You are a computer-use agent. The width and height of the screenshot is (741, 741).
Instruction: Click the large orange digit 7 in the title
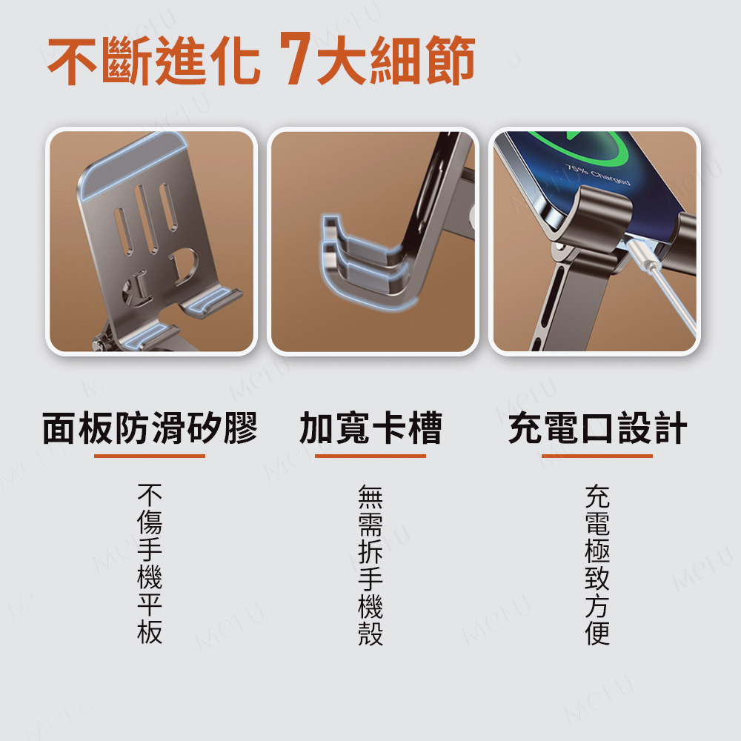pos(295,58)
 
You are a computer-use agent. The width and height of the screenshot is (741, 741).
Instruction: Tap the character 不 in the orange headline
pos(73,60)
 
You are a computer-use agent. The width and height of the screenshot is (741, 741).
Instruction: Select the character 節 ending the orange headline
pos(451,60)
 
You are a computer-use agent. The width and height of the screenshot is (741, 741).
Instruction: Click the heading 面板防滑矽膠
pos(150,428)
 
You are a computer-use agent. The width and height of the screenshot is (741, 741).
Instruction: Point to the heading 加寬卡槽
pos(370,428)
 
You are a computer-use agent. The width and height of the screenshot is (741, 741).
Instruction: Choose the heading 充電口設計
pos(597,428)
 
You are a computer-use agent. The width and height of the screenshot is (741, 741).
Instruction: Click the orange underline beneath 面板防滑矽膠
pos(150,456)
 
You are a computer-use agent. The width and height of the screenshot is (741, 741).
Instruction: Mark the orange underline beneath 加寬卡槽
pos(370,456)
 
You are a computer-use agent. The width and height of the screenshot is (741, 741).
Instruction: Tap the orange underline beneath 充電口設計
pos(597,456)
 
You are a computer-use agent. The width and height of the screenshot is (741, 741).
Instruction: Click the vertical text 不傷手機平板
pos(150,564)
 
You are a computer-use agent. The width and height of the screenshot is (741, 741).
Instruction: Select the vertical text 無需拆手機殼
pos(370,565)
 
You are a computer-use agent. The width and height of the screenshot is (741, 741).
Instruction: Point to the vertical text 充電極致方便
pos(597,565)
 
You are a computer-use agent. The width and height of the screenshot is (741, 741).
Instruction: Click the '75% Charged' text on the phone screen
pos(597,174)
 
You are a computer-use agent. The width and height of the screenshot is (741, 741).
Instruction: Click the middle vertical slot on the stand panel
pos(146,219)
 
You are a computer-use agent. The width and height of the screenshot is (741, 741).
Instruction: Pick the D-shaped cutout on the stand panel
pos(184,267)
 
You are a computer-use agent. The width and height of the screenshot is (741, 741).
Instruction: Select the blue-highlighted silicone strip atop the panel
pos(133,164)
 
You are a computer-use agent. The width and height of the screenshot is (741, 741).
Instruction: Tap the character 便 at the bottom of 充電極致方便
pos(597,633)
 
